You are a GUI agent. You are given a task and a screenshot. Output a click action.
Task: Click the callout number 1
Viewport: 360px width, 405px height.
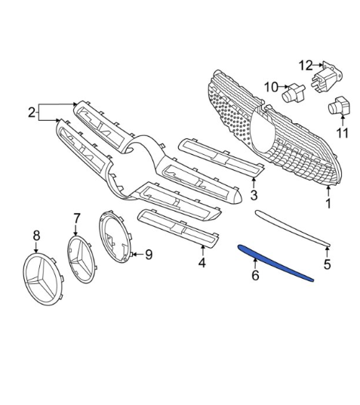click(x=328, y=203)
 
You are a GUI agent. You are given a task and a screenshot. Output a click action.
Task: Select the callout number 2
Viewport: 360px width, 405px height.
click(x=32, y=113)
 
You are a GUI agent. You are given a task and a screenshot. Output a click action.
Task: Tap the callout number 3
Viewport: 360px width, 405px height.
click(x=254, y=195)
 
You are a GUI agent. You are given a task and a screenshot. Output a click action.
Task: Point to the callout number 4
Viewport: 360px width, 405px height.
click(x=202, y=262)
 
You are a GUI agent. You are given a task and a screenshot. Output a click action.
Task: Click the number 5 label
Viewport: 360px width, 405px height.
click(x=328, y=264)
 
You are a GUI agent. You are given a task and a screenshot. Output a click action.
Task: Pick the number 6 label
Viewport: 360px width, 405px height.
click(x=255, y=275)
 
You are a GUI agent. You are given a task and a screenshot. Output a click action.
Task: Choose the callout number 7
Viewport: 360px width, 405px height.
click(x=77, y=218)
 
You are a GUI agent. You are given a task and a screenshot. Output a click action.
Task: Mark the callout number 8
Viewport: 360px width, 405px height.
click(x=37, y=236)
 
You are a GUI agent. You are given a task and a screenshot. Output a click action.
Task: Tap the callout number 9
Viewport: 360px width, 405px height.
click(x=149, y=255)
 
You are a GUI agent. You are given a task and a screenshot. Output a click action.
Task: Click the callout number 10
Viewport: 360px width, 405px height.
click(x=272, y=87)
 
